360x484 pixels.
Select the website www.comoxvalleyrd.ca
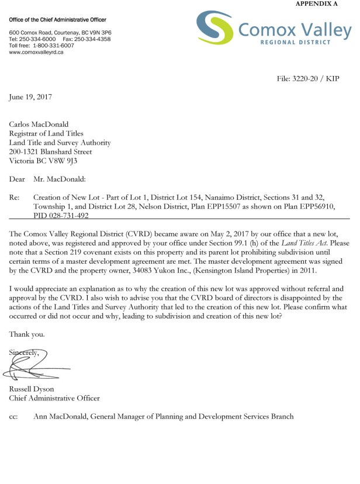click(36, 52)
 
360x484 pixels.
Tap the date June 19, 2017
click(30, 97)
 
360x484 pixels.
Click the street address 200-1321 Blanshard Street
click(51, 151)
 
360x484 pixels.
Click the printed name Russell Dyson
click(32, 389)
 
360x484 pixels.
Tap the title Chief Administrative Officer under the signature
click(54, 399)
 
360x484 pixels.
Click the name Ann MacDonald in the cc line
click(63, 416)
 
